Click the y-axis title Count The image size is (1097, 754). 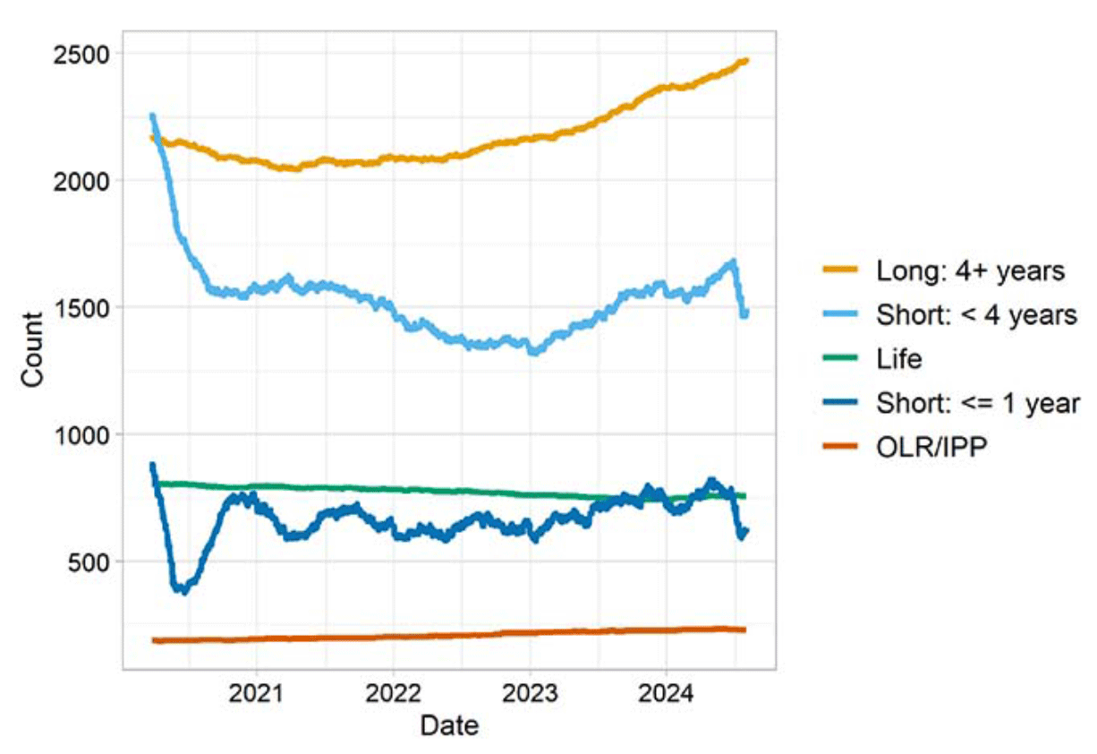[x=32, y=349]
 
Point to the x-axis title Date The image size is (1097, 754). [x=449, y=725]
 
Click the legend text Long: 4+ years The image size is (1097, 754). [x=970, y=270]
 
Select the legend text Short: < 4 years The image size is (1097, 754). [x=976, y=314]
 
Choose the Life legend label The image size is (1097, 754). [x=899, y=359]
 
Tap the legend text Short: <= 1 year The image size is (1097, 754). [x=978, y=403]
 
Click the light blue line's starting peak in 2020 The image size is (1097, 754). [x=152, y=116]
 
